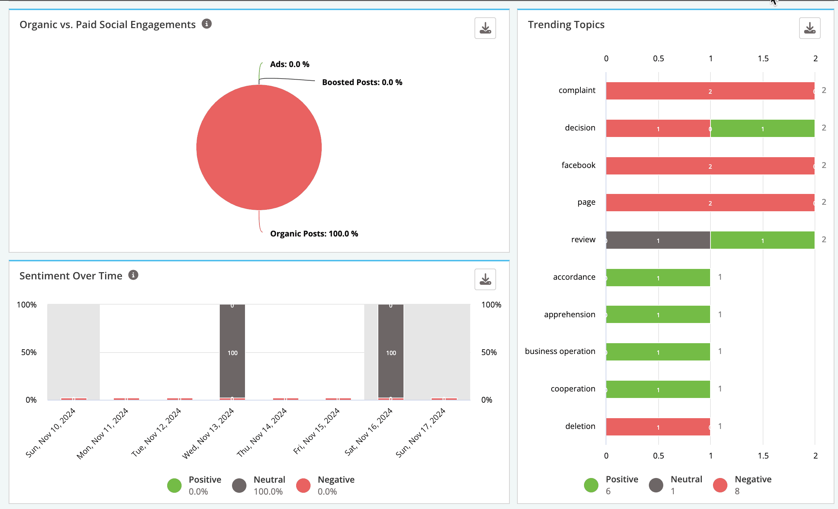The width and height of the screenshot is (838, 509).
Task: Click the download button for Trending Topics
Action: click(810, 28)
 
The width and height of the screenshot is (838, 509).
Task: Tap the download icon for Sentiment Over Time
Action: click(485, 279)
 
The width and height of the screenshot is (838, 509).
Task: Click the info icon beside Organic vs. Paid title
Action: click(206, 24)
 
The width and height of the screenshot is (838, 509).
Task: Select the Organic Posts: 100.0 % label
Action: click(314, 234)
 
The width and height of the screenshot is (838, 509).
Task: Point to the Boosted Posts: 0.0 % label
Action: click(362, 82)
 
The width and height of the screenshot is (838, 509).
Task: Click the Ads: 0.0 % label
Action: click(290, 64)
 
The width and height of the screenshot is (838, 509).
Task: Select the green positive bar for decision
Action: click(762, 128)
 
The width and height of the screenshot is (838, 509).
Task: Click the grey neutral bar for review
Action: click(658, 240)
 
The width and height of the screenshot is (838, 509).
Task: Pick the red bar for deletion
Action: click(658, 427)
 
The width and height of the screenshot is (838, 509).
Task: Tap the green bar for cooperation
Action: click(658, 389)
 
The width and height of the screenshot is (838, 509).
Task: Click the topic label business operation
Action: click(560, 351)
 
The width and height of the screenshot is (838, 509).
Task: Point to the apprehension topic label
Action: click(570, 314)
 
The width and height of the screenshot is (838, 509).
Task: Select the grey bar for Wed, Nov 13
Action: click(232, 351)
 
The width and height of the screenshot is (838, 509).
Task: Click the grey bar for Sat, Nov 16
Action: click(391, 351)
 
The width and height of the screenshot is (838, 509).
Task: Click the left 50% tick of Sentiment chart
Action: click(29, 352)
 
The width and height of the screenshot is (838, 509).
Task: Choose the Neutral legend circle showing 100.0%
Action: click(239, 485)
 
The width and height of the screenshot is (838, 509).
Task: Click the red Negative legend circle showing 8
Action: click(720, 485)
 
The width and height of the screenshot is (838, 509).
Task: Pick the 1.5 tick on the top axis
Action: click(763, 58)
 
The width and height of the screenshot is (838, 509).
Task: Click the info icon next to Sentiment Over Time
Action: click(133, 275)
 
